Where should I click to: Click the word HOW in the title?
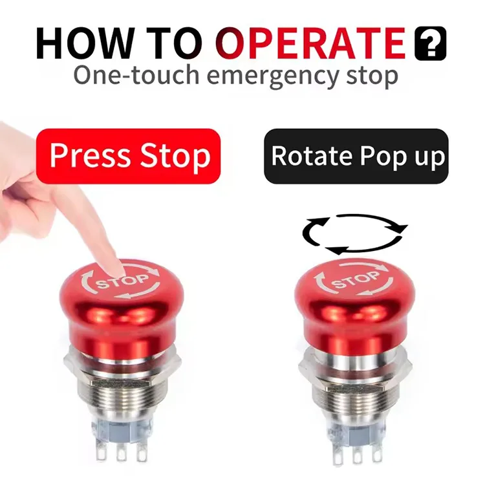click(x=84, y=43)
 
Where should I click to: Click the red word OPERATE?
click(x=313, y=43)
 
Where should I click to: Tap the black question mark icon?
click(x=430, y=43)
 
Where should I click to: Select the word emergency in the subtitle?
click(x=272, y=77)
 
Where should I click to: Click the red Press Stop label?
click(x=128, y=156)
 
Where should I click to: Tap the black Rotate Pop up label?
click(x=356, y=156)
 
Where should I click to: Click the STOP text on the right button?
click(x=355, y=279)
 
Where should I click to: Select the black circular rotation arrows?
click(x=355, y=234)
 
